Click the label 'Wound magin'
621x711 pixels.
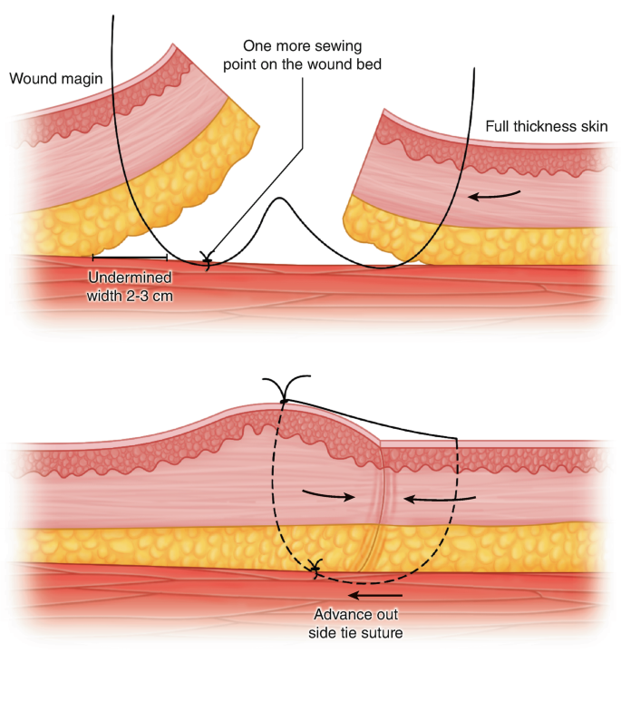click(x=55, y=78)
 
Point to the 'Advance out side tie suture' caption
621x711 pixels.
click(x=356, y=623)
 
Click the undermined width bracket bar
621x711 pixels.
click(x=130, y=258)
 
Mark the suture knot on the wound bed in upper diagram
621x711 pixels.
click(x=209, y=263)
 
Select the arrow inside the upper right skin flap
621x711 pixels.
click(x=495, y=194)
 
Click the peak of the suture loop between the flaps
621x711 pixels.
click(x=279, y=199)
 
